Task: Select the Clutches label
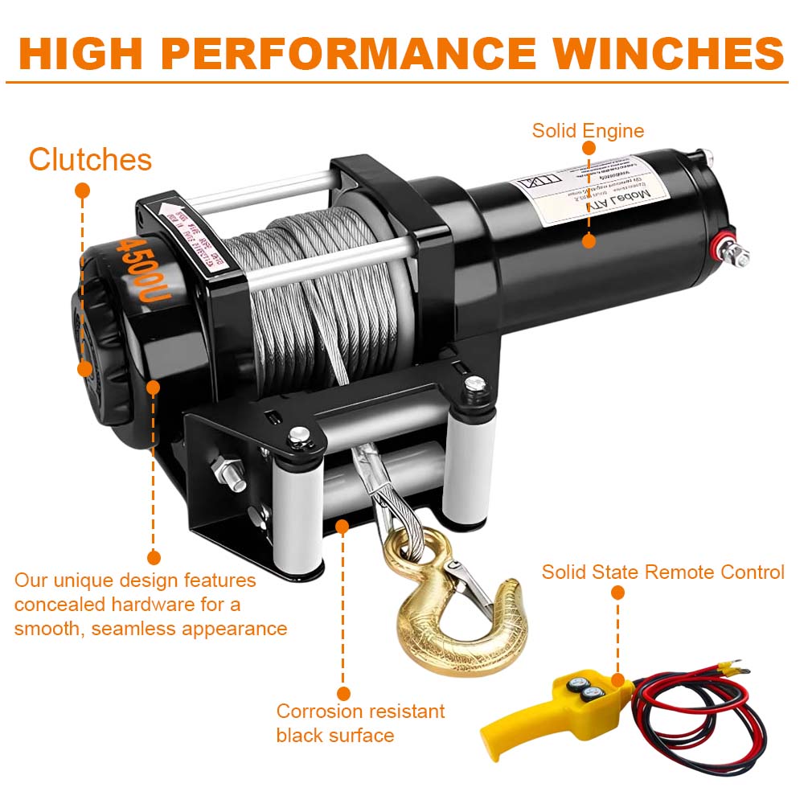pos(90,159)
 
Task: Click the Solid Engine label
pos(588,130)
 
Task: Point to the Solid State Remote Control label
pos(662,572)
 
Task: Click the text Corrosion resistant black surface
pos(359,723)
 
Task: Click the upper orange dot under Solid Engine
pos(589,148)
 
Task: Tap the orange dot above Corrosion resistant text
pos(344,693)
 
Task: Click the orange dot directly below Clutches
pos(82,191)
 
